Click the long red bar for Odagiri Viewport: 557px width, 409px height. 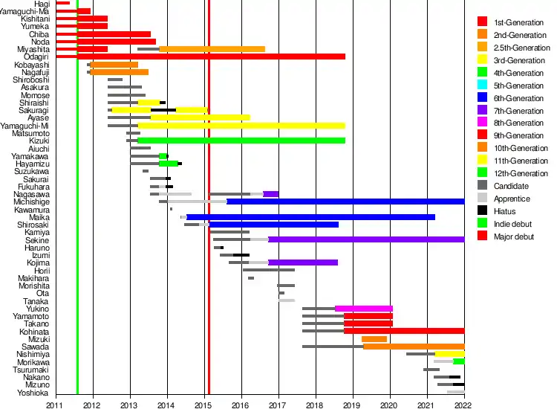211,57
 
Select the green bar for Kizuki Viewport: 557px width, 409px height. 241,140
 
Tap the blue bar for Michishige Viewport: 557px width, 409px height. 345,202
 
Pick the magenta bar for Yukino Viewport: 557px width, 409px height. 364,308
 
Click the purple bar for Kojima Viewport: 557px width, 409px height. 303,263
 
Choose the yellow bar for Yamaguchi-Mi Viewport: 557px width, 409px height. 241,125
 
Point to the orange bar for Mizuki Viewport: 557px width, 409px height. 374,339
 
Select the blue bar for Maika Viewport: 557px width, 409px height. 310,217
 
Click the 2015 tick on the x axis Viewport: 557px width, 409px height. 204,404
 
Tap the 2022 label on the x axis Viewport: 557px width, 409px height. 463,404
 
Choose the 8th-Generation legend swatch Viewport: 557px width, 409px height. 483,123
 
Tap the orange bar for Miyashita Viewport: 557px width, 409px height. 212,49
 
